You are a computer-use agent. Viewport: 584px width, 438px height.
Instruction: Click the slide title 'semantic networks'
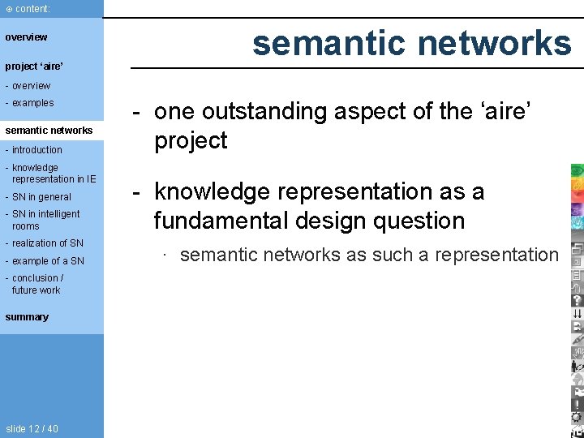[x=411, y=43]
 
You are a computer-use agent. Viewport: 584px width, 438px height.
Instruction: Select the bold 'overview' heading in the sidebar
[x=27, y=37]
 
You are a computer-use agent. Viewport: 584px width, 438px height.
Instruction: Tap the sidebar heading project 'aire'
[x=34, y=67]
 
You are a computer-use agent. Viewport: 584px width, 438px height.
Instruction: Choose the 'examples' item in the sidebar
[x=32, y=103]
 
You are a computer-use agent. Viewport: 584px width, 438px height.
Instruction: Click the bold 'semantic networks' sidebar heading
[x=49, y=131]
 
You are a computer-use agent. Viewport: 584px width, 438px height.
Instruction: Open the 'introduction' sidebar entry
[x=36, y=150]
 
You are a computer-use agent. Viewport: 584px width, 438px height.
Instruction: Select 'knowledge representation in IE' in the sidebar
[x=53, y=174]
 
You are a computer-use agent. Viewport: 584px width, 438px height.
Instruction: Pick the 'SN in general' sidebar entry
[x=41, y=197]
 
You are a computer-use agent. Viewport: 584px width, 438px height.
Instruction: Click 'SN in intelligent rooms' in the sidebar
[x=45, y=220]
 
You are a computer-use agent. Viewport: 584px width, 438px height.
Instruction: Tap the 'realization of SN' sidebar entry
[x=47, y=243]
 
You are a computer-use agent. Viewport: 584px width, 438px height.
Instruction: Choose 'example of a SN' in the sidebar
[x=48, y=261]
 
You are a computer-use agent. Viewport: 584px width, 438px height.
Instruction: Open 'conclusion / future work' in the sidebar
[x=37, y=284]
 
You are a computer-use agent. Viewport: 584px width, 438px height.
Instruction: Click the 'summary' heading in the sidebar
[x=27, y=317]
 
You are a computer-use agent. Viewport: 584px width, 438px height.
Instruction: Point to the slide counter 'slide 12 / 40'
[x=32, y=429]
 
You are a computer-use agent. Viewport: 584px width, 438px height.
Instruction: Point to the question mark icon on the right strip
[x=577, y=299]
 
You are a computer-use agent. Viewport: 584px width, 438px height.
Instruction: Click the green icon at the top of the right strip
[x=577, y=170]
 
